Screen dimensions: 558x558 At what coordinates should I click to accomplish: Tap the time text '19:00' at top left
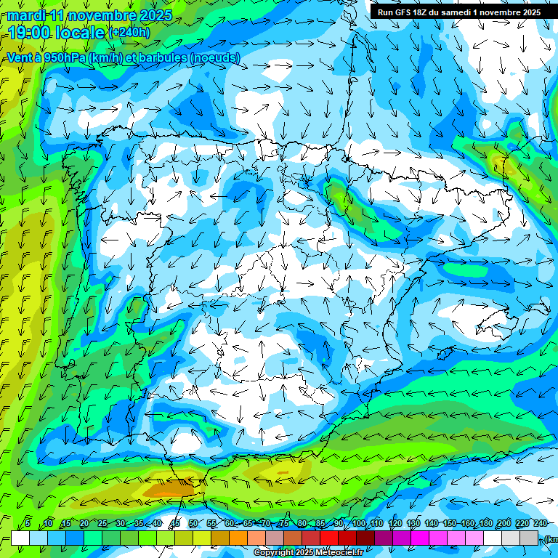click(x=28, y=33)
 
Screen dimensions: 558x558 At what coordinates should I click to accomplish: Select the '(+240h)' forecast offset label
click(x=129, y=33)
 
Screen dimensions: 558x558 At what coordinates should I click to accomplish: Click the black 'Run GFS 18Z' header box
click(x=458, y=12)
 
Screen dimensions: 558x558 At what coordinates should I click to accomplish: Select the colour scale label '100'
click(x=359, y=524)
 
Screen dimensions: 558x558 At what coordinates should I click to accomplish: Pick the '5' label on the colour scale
click(x=28, y=524)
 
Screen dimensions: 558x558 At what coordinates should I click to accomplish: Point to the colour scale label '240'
click(x=540, y=524)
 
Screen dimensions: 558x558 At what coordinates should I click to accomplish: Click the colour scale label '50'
click(x=193, y=524)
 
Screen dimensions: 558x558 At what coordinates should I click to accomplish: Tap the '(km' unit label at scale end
click(x=551, y=538)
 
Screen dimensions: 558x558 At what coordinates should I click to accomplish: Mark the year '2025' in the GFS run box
click(x=530, y=12)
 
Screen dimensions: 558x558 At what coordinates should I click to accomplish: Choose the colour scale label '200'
click(x=504, y=524)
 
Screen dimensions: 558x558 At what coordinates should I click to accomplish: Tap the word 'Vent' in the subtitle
click(x=20, y=58)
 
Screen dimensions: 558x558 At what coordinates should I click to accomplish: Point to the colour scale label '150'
click(x=449, y=524)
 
